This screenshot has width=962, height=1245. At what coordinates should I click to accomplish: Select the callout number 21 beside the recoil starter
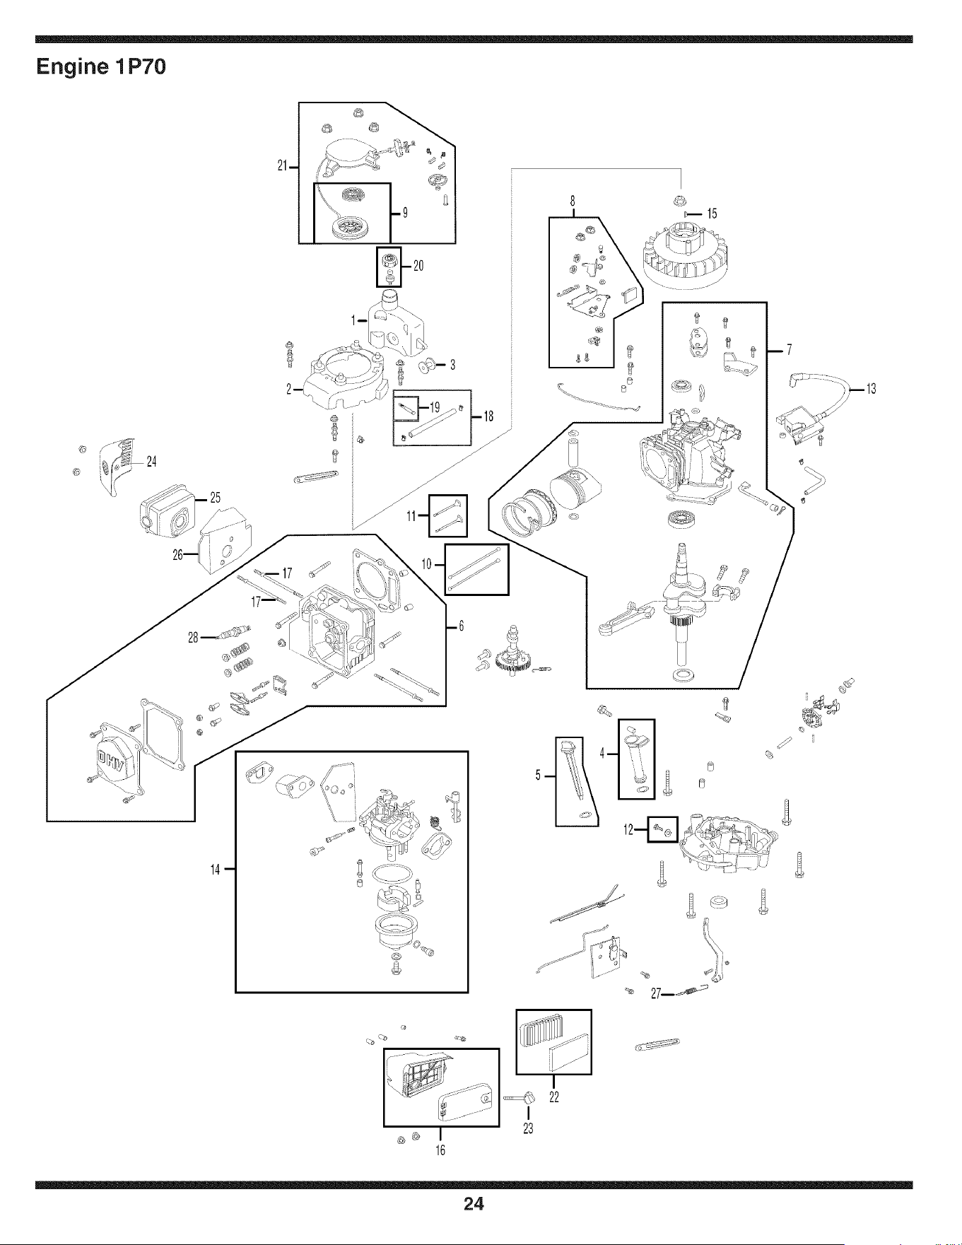pos(284,167)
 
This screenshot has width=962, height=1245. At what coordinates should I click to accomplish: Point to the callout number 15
pos(711,214)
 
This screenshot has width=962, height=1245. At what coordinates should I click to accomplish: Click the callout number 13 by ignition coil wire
pos(870,389)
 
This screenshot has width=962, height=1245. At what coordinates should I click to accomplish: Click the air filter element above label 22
pos(553,1041)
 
